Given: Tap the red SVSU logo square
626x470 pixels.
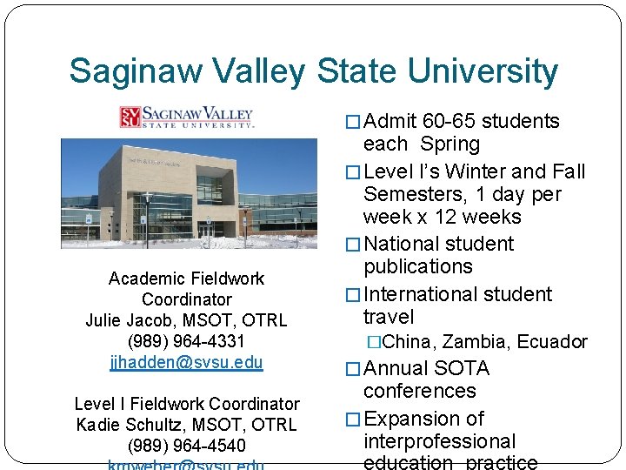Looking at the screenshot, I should coord(130,117).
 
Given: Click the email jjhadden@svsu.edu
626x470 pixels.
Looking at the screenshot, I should coord(186,362).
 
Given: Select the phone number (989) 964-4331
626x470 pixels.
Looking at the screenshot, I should coord(186,341).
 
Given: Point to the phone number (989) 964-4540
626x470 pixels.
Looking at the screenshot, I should coord(186,446).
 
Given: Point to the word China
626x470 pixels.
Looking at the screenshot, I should coord(410,342).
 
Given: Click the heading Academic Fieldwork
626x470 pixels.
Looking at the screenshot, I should coord(186,279).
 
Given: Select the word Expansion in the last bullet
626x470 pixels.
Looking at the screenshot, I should coord(412,420).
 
